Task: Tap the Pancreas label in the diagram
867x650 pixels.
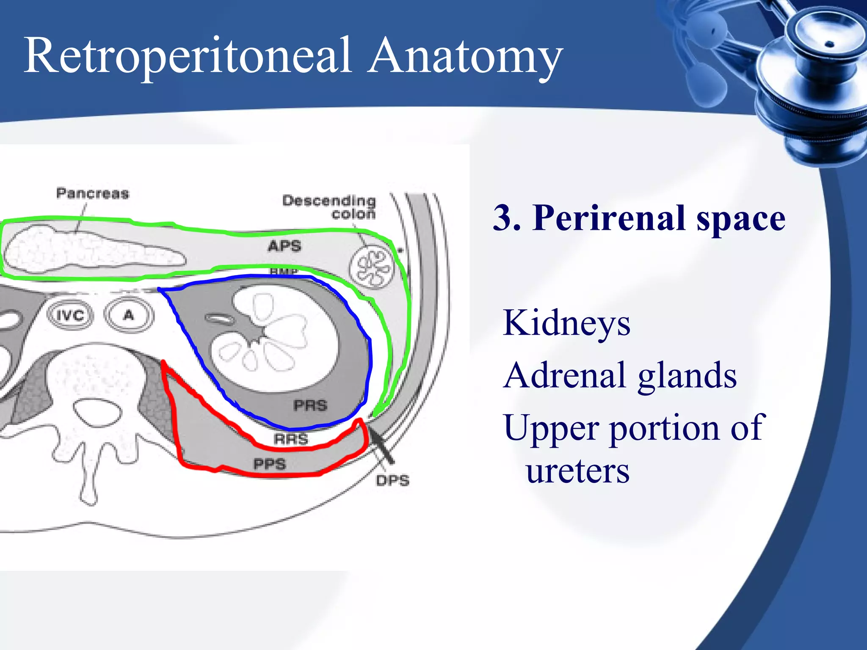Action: tap(92, 193)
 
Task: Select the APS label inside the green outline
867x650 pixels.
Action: tap(284, 246)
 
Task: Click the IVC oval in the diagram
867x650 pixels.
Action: tap(70, 315)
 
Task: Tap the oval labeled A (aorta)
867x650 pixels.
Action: tap(129, 315)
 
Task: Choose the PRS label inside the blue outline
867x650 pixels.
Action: tap(310, 405)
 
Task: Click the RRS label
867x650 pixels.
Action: tap(291, 439)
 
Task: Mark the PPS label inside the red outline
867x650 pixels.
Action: tap(270, 464)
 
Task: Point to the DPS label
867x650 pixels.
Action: tap(392, 481)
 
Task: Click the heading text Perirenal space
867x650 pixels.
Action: tap(659, 218)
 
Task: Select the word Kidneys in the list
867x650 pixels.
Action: tap(566, 323)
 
